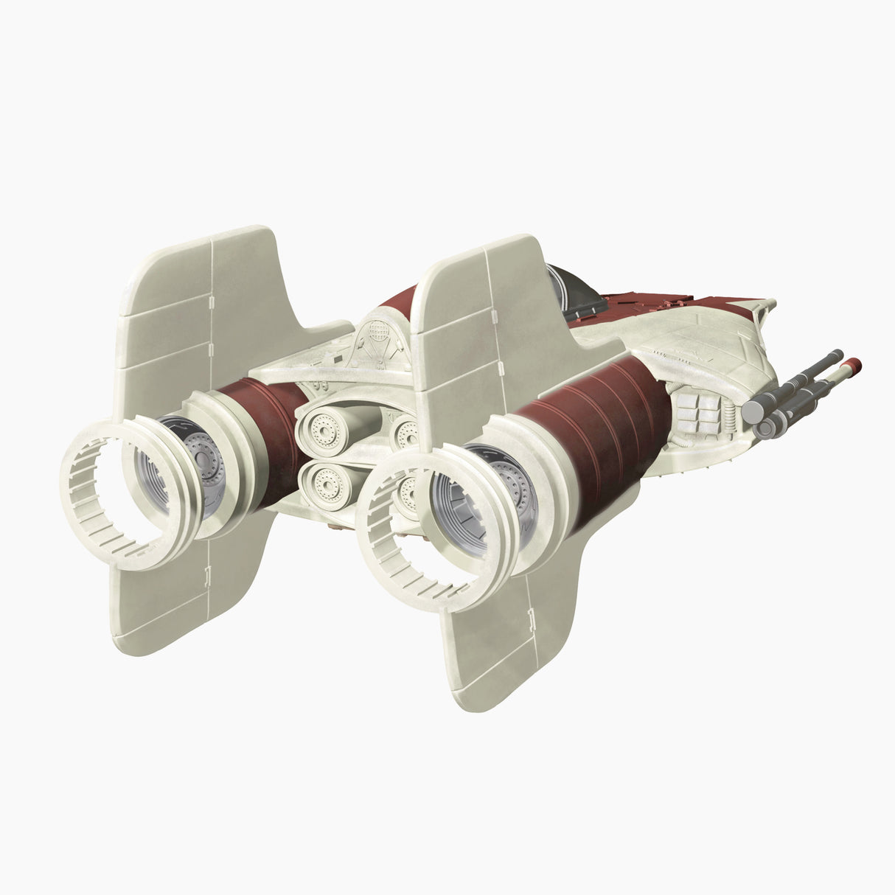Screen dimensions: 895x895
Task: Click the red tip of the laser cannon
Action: click(x=854, y=363)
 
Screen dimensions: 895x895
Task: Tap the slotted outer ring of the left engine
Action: click(x=103, y=509)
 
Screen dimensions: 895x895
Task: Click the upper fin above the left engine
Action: click(x=199, y=295)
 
